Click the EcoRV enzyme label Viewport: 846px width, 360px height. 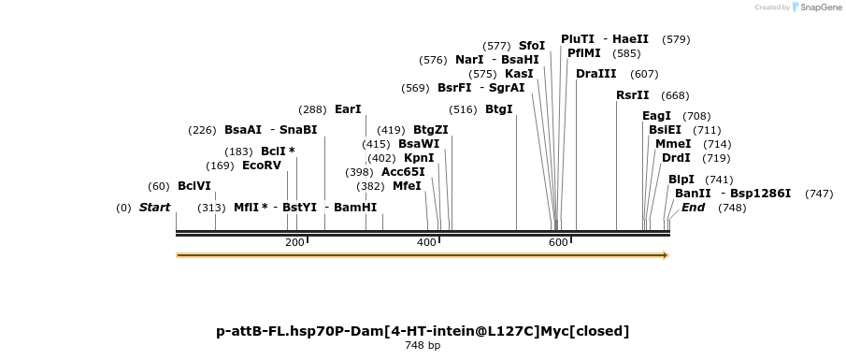[x=262, y=166]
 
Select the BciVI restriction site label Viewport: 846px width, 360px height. [x=194, y=186]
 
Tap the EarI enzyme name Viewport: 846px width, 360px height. [x=348, y=109]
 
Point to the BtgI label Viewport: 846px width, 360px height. [x=499, y=109]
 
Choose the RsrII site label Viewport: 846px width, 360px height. [x=633, y=95]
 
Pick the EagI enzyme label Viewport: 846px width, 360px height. [x=657, y=116]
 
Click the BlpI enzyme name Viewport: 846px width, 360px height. [x=681, y=180]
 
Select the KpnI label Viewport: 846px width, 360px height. [x=419, y=158]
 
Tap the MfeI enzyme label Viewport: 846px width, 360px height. [x=407, y=186]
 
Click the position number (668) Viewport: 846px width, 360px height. [x=675, y=95]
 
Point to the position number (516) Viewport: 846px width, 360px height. [x=464, y=109]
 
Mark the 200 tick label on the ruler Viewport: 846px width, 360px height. [x=294, y=243]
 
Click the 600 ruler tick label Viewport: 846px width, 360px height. [x=558, y=243]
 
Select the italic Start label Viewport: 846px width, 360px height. [x=154, y=208]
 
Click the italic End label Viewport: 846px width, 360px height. [x=693, y=208]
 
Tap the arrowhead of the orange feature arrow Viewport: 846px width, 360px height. [x=666, y=255]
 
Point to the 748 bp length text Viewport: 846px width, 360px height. [x=423, y=346]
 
